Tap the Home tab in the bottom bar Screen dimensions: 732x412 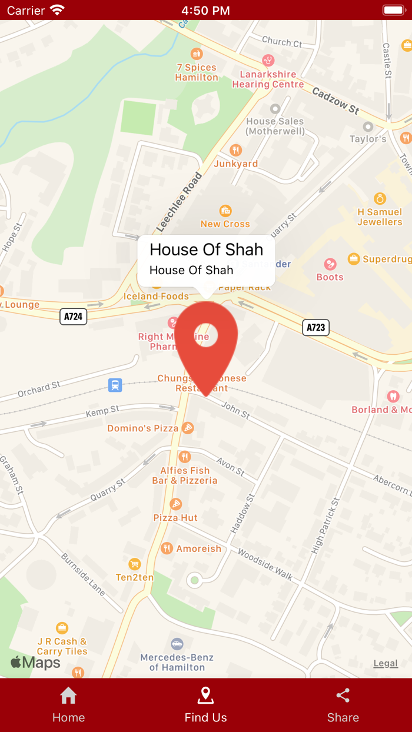tap(68, 705)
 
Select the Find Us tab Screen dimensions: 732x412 tap(205, 705)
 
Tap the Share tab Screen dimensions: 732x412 tap(343, 705)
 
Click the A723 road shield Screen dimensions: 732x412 tap(315, 327)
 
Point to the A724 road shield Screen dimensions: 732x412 tap(73, 317)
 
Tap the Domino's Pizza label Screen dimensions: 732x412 tap(143, 428)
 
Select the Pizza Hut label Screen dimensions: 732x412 tap(175, 517)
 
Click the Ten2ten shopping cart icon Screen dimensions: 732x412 tap(135, 564)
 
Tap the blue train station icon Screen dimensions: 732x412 tap(115, 385)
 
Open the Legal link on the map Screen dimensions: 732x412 tap(386, 663)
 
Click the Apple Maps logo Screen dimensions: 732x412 tap(35, 663)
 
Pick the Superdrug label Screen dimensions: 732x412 tap(386, 259)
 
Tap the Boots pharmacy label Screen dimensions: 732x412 tap(330, 277)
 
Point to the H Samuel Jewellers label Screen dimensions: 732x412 tap(380, 217)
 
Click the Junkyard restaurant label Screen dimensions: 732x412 tap(235, 164)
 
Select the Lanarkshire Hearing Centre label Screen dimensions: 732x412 tap(268, 79)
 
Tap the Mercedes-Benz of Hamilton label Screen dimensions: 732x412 tap(177, 662)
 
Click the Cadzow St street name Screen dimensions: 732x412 tap(335, 101)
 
